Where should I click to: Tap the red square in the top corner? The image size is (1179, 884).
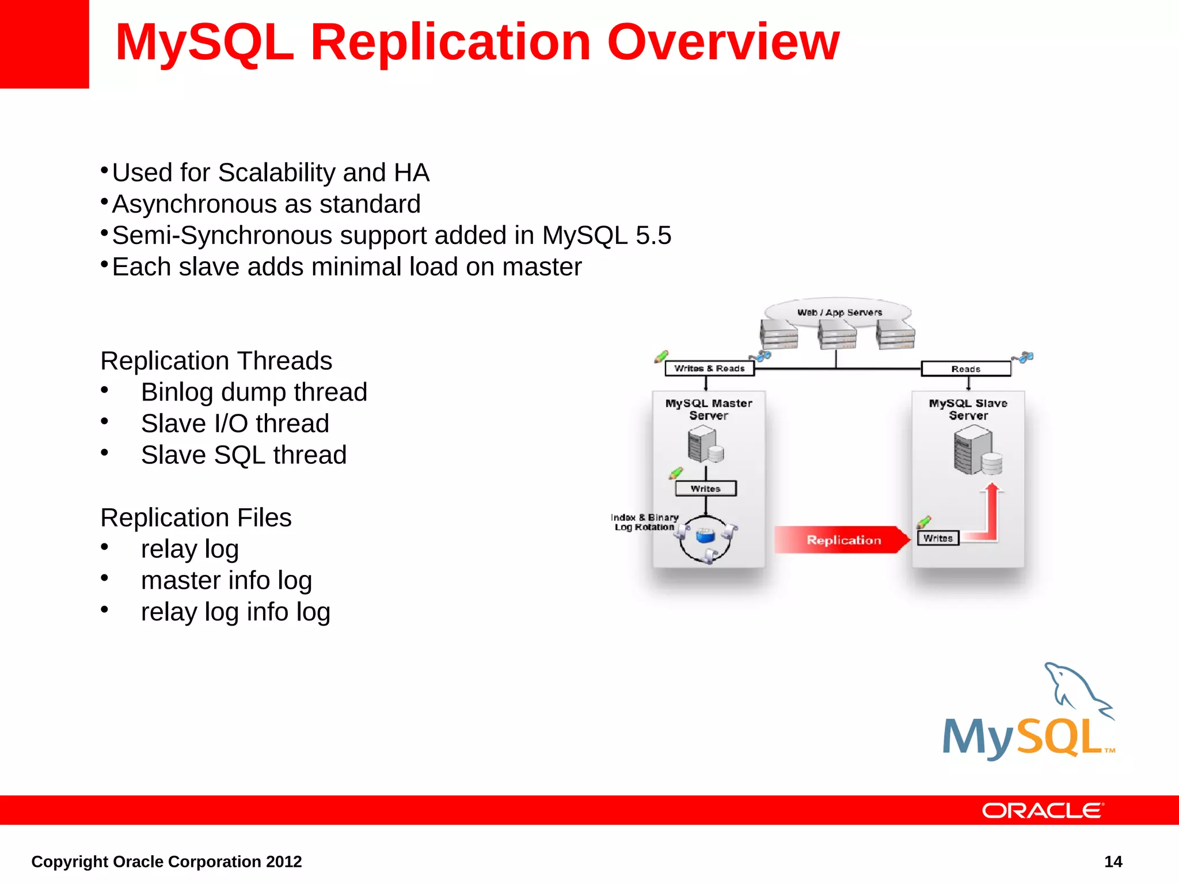44,44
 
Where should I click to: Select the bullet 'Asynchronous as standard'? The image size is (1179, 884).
266,204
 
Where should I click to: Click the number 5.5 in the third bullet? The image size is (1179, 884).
653,236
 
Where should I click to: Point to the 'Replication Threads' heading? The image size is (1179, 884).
216,361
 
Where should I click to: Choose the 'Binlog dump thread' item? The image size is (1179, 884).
254,393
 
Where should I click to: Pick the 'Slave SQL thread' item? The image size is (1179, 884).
244,455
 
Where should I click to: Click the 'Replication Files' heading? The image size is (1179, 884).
196,518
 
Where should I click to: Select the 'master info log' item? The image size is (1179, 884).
226,581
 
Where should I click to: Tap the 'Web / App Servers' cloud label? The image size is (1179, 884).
839,313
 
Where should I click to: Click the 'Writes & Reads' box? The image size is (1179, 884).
709,368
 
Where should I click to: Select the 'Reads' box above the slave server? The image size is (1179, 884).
965,369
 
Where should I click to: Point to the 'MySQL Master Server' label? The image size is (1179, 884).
708,409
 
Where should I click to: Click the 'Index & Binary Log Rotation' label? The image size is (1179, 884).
644,522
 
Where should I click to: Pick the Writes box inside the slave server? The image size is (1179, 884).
938,538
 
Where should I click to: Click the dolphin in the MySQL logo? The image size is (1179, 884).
1074,688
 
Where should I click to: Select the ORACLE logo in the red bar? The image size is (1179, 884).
1043,810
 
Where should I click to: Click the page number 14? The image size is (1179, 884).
1113,862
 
